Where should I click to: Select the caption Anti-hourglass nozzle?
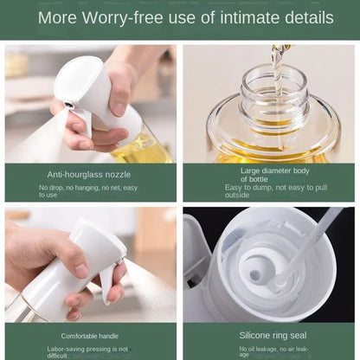coord(89,174)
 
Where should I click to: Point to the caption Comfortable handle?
coord(90,335)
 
